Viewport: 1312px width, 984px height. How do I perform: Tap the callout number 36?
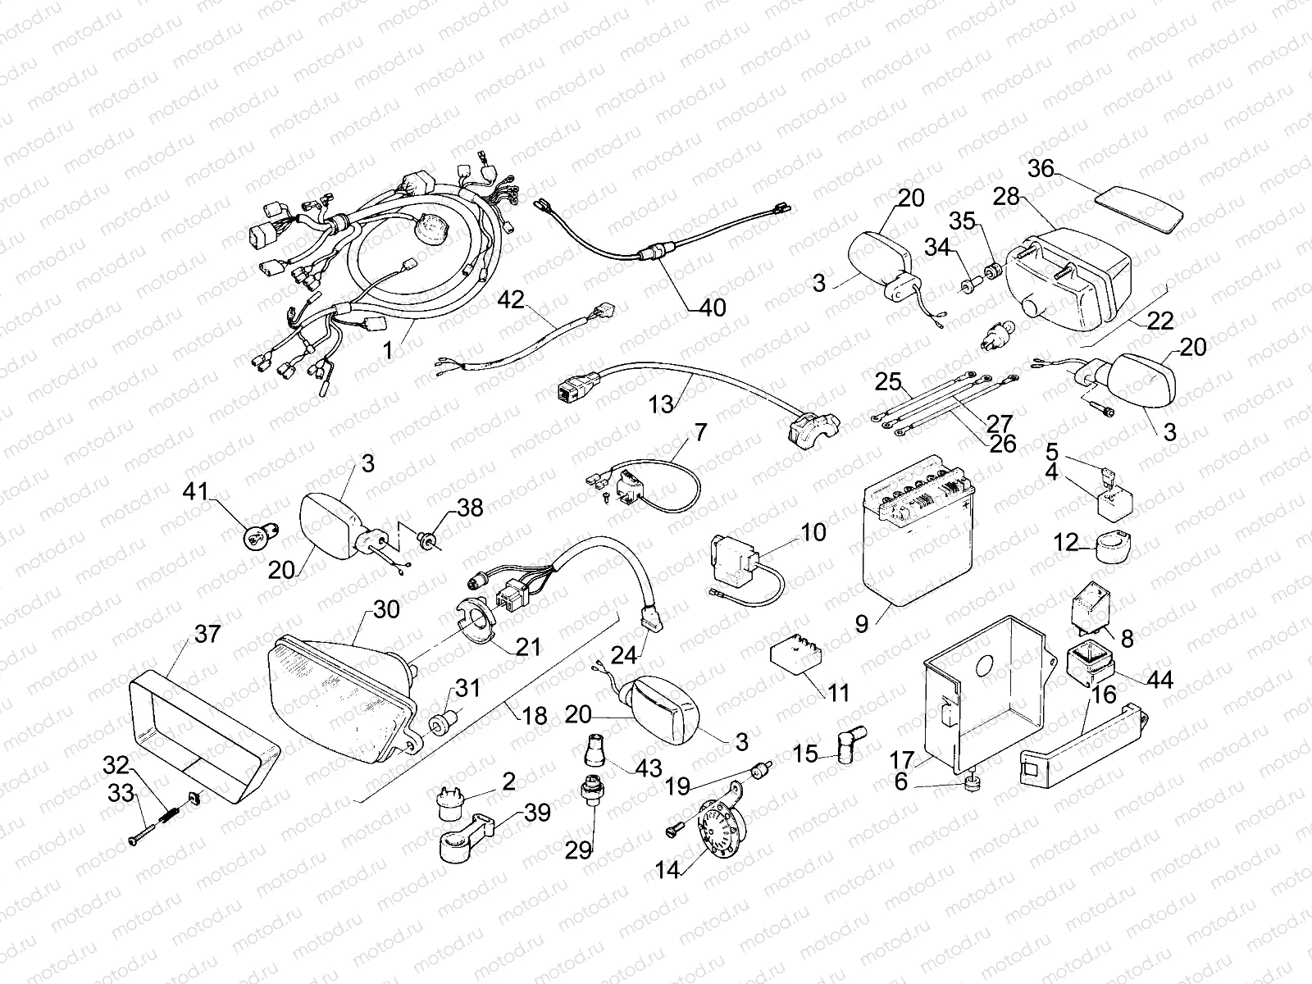pos(1041,168)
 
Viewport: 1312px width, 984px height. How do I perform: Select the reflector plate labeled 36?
pos(1141,206)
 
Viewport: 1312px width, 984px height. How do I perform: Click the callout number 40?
pos(713,308)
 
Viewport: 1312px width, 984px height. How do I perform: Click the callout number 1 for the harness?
pos(388,349)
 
